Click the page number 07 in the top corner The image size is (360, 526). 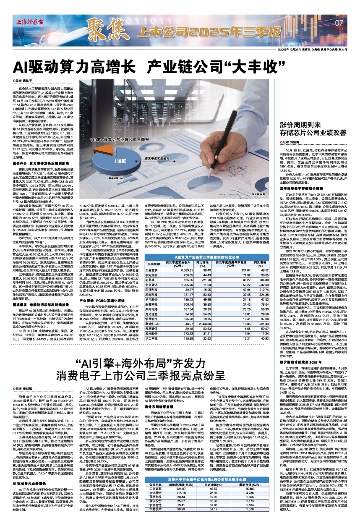[339, 22]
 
